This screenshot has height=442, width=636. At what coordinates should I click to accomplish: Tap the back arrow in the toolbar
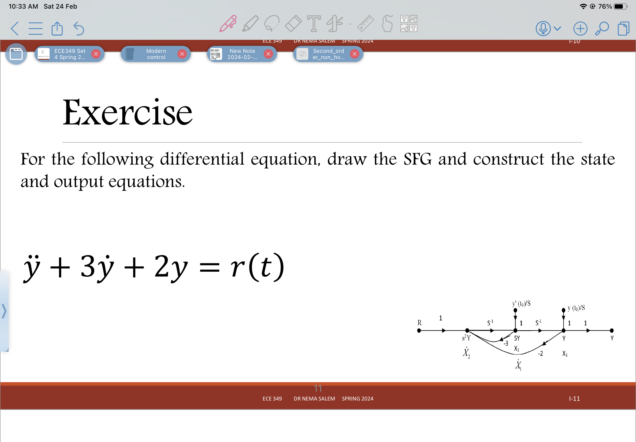tap(15, 29)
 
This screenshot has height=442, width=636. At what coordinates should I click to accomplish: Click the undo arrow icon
tap(79, 29)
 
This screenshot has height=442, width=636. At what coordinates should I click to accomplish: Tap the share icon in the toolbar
tap(57, 29)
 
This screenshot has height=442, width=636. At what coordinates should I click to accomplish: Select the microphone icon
tap(543, 28)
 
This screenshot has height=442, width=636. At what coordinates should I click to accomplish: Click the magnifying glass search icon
tap(602, 29)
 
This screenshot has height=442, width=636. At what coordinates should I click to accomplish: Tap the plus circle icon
tap(580, 29)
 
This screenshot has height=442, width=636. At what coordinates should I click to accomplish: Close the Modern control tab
tap(182, 54)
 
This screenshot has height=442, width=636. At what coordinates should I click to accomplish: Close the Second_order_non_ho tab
tap(354, 54)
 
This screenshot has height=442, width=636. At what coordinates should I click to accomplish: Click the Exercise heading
tap(127, 112)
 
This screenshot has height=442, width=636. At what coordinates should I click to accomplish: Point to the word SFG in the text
tap(417, 159)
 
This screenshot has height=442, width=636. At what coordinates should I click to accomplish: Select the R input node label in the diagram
tap(419, 323)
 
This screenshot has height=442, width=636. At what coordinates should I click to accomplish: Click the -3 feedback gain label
tap(506, 343)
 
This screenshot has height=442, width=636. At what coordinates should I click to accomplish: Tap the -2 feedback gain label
tap(540, 353)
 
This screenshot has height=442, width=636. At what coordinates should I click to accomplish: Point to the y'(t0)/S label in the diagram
tap(521, 303)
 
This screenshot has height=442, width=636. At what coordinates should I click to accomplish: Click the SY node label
tap(517, 338)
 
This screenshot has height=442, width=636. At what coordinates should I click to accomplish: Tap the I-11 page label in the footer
tap(574, 399)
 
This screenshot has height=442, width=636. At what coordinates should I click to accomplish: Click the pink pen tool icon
tap(228, 23)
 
